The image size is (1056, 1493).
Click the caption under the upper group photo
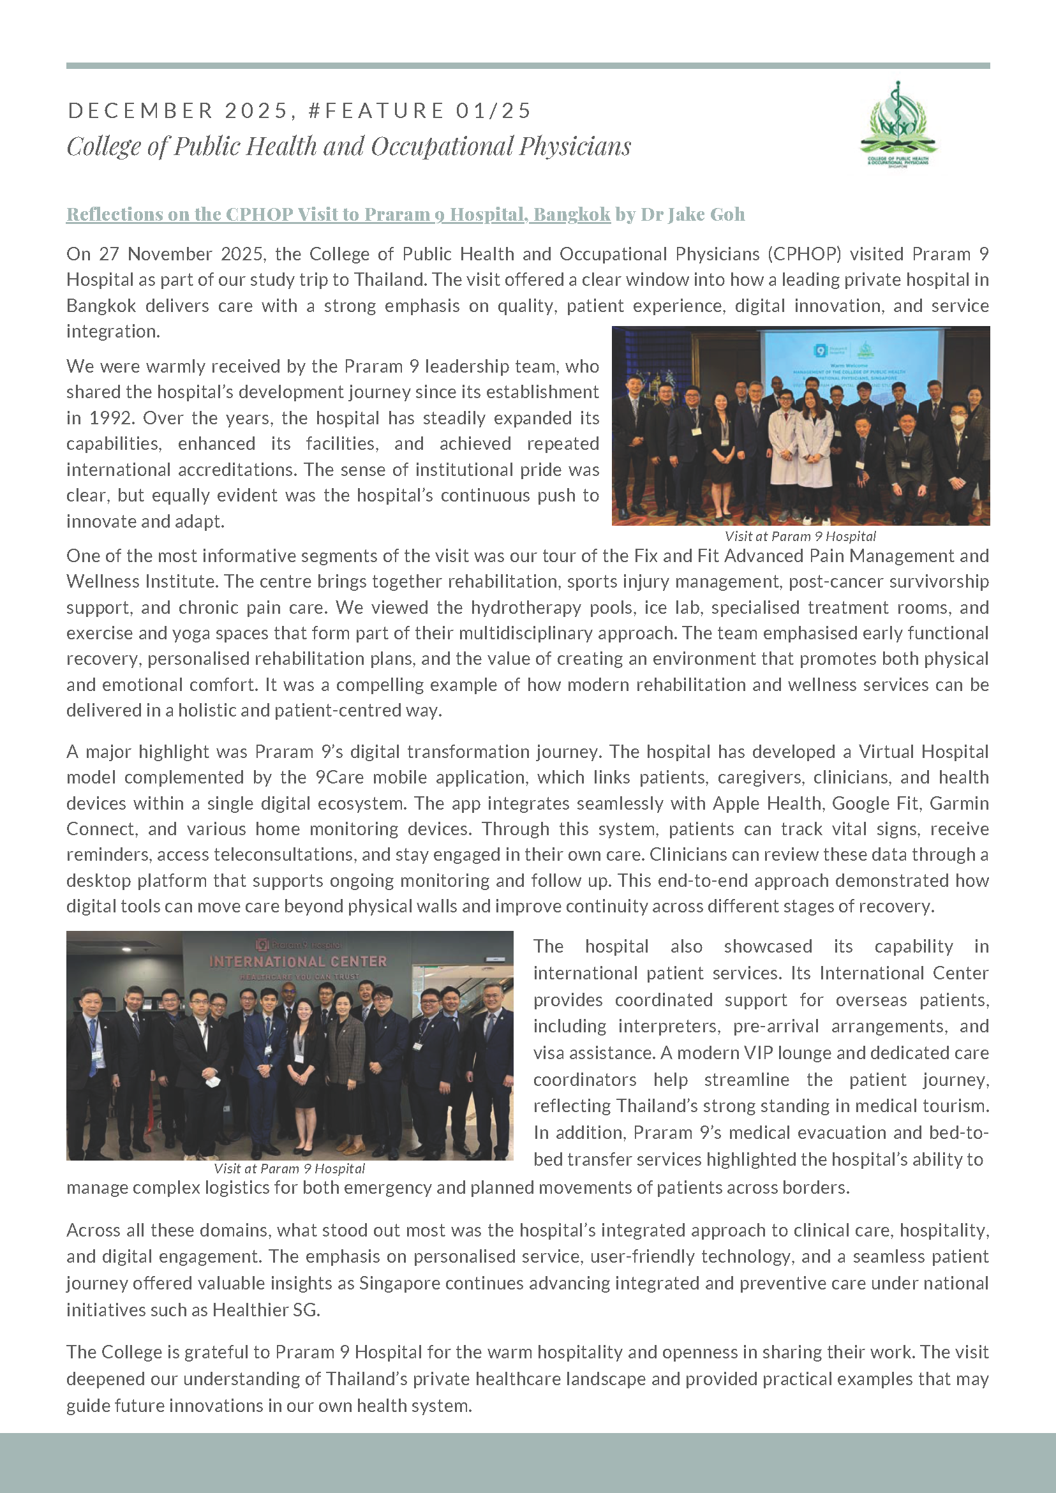pyautogui.click(x=799, y=537)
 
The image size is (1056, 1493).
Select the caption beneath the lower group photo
pyautogui.click(x=289, y=1168)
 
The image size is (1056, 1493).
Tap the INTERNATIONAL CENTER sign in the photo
pyautogui.click(x=298, y=961)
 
